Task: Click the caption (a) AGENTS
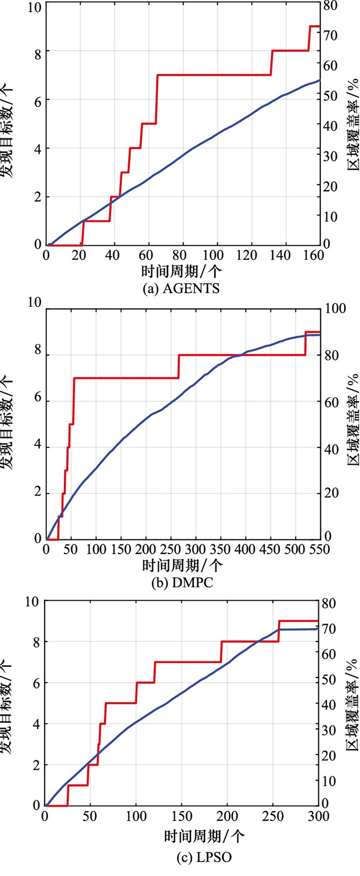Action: point(181,288)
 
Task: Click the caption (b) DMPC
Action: point(179,582)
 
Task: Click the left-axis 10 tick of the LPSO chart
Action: point(33,601)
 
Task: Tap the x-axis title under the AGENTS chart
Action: point(182,271)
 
